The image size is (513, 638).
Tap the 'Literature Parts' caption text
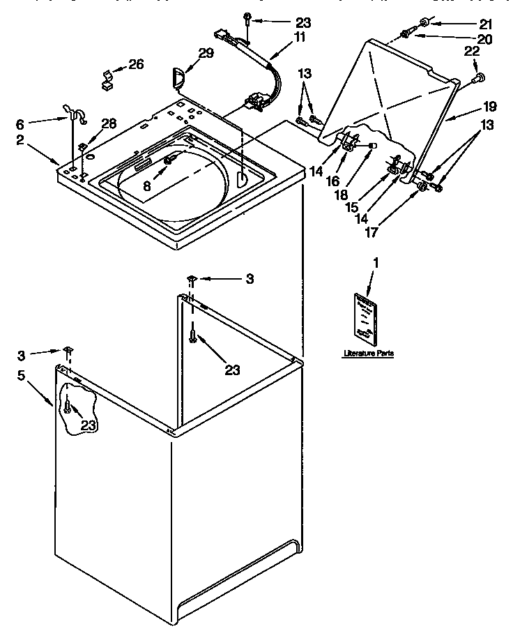point(368,354)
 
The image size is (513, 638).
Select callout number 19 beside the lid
point(491,107)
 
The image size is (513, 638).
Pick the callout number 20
point(484,40)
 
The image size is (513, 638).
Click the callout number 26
point(136,65)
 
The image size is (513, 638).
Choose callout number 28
point(109,124)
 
